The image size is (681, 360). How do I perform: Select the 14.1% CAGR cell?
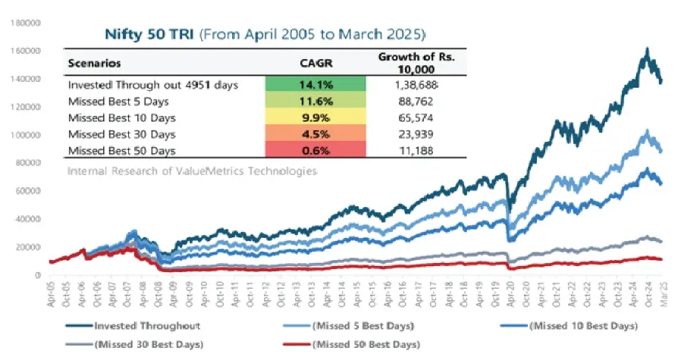tap(315, 85)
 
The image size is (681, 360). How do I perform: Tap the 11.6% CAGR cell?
tap(315, 100)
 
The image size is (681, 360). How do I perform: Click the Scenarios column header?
tap(95, 63)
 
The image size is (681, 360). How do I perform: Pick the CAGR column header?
tap(315, 63)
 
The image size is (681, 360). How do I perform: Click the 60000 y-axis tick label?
tap(27, 191)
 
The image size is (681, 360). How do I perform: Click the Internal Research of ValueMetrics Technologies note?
tap(191, 171)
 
